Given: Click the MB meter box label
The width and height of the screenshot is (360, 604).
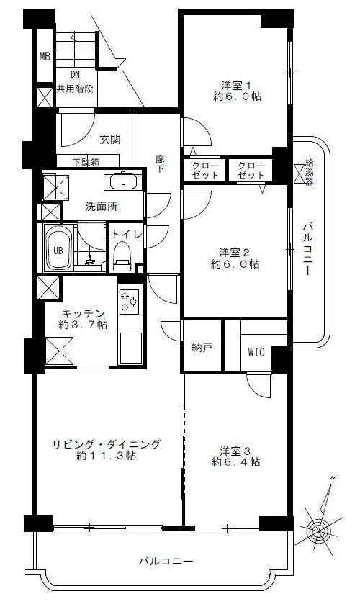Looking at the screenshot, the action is pyautogui.click(x=45, y=57).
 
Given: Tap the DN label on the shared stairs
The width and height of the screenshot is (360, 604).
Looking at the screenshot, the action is pyautogui.click(x=75, y=74).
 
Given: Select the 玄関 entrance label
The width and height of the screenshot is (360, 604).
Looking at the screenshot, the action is pyautogui.click(x=110, y=140).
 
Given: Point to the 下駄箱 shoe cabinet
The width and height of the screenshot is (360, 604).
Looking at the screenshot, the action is pyautogui.click(x=87, y=161).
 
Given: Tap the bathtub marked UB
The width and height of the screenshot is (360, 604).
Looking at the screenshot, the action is pyautogui.click(x=58, y=248).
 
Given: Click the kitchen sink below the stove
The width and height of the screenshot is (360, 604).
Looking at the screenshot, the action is pyautogui.click(x=131, y=348).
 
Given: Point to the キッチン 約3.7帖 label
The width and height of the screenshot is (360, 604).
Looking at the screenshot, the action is pyautogui.click(x=83, y=319).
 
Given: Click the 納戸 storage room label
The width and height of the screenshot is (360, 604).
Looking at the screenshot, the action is pyautogui.click(x=202, y=348).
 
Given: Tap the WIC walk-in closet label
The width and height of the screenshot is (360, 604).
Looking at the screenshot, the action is pyautogui.click(x=256, y=352).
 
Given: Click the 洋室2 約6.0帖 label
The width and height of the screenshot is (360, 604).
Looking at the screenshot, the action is pyautogui.click(x=235, y=258).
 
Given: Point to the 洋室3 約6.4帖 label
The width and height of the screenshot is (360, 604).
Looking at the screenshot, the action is pyautogui.click(x=235, y=456).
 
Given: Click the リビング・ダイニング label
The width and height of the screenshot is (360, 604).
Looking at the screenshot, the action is pyautogui.click(x=106, y=444).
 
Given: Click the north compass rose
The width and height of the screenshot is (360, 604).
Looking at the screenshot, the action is pyautogui.click(x=319, y=528).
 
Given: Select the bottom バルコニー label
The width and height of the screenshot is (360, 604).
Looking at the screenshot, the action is pyautogui.click(x=166, y=561).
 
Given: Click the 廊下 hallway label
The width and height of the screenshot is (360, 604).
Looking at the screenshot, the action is pyautogui.click(x=161, y=163).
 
